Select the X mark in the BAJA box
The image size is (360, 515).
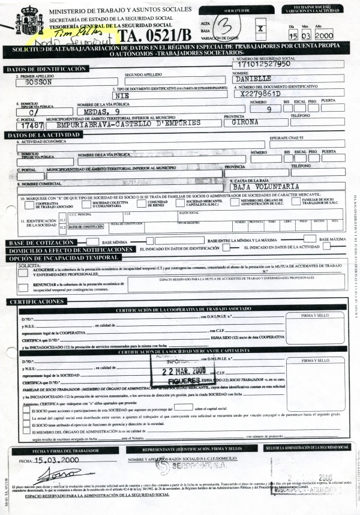259,28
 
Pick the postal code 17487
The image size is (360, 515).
29,126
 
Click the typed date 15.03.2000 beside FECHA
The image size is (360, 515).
55,460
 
